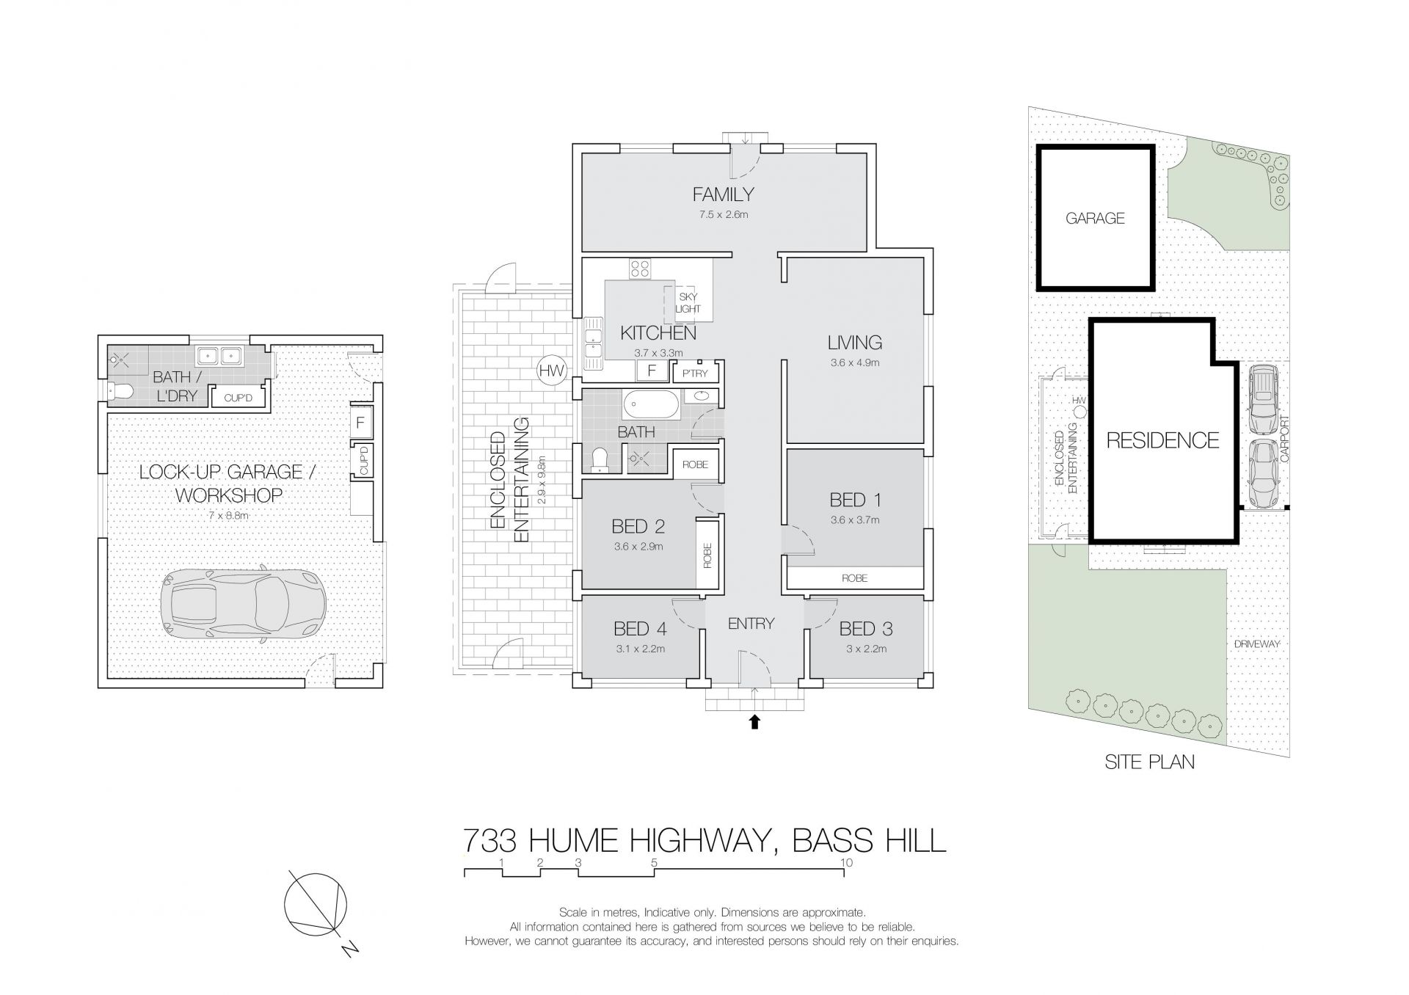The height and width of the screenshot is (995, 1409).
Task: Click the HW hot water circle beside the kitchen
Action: coord(551,371)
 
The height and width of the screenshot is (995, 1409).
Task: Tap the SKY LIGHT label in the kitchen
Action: coord(688,303)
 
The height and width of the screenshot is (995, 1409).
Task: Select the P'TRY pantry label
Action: coord(695,373)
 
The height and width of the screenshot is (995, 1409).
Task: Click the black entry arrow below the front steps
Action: coord(754,722)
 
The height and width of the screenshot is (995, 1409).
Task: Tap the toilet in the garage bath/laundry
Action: coord(120,393)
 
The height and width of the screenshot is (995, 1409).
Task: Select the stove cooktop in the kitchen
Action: coord(638,269)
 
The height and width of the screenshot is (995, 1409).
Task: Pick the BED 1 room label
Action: coord(855,500)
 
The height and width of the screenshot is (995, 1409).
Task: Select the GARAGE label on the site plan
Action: coord(1095,218)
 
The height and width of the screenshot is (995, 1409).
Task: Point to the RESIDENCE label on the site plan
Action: coord(1162,440)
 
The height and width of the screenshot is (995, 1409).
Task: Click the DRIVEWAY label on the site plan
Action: coord(1256,644)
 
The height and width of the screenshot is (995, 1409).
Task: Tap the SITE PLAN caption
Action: coord(1149,762)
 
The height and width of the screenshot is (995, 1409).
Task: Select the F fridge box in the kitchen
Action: coord(651,371)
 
